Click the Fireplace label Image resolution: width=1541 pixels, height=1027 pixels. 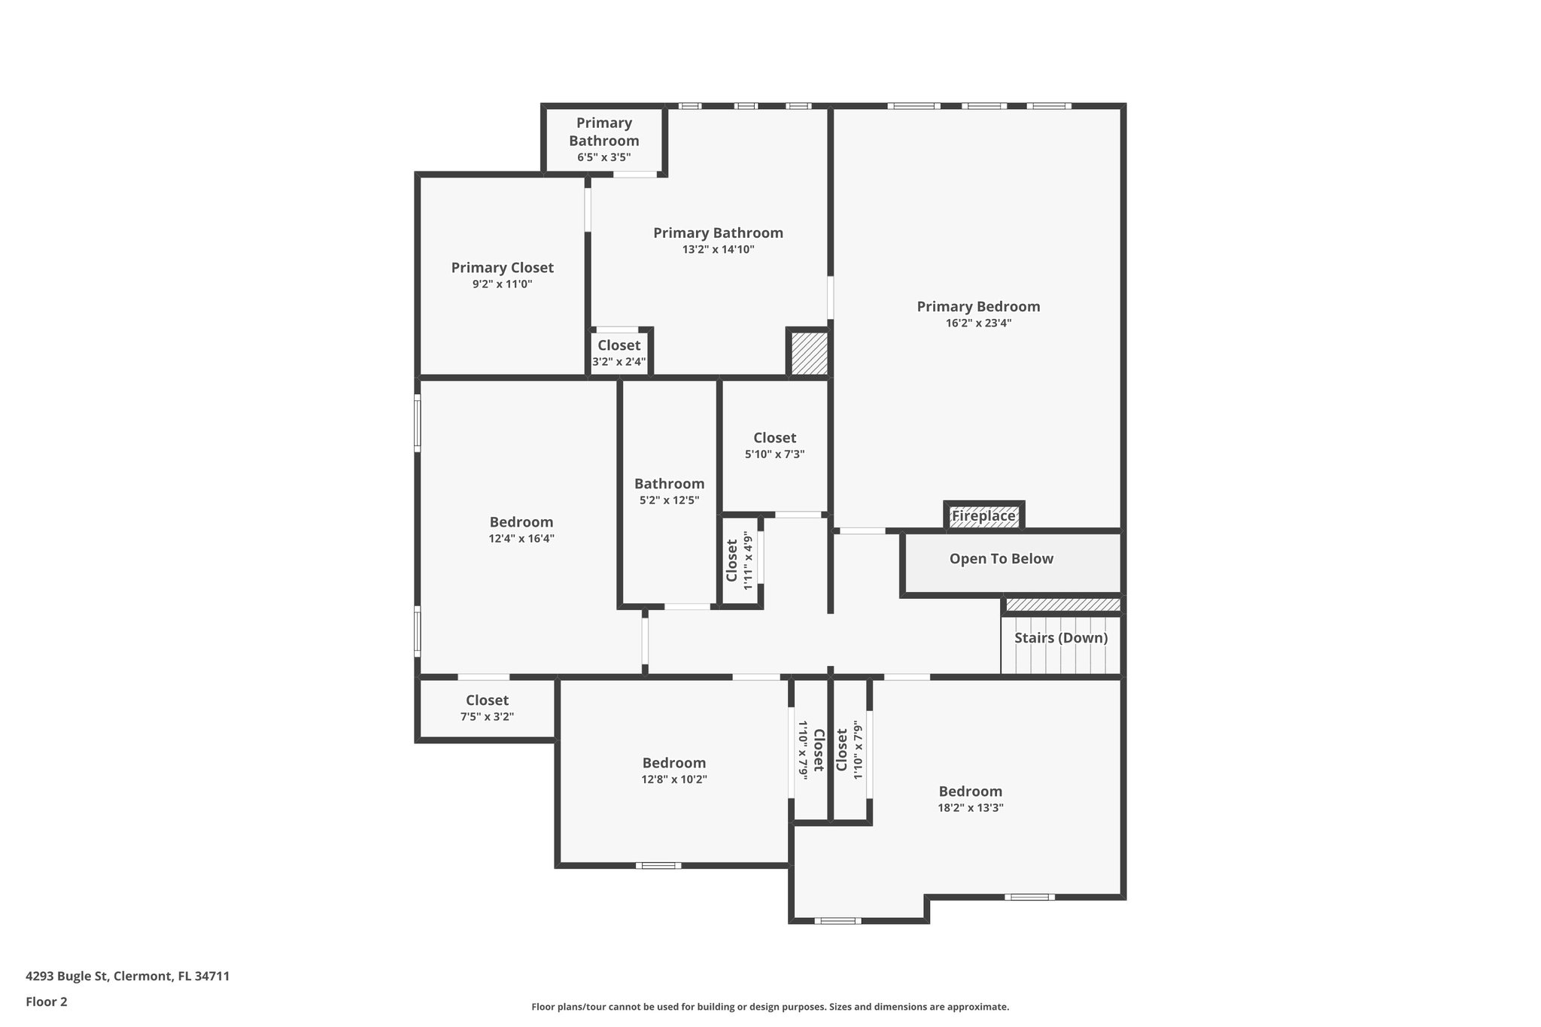point(983,516)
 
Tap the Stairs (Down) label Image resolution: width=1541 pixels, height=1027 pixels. point(1060,638)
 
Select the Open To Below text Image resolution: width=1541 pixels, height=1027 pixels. point(1001,559)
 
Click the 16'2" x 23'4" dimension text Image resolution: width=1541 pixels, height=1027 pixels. point(978,324)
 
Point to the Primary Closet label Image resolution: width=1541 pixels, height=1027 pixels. point(502,268)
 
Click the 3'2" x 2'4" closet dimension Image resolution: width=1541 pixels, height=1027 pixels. point(619,362)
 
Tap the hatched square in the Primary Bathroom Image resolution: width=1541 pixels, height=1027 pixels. point(809,354)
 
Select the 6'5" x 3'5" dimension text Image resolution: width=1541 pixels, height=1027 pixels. point(603,158)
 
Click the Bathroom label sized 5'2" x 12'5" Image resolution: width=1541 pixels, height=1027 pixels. point(669,484)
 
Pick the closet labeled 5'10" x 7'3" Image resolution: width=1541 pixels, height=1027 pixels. point(774,438)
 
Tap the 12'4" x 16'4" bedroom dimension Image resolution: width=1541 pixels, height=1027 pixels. point(521,539)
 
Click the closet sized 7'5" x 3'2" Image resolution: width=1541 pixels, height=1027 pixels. point(487,700)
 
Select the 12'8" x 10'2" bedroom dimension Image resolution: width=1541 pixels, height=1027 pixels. point(674,779)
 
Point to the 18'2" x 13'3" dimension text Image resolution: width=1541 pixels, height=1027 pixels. point(970,808)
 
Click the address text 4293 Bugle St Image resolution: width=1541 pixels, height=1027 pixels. point(127,977)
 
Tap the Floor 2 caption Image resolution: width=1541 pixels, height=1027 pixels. point(47,1002)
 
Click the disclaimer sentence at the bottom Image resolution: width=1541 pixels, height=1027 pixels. point(770,1007)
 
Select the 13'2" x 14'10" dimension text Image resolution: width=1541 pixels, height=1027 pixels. point(718,250)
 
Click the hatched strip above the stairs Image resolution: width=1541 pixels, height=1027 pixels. point(1062,605)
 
